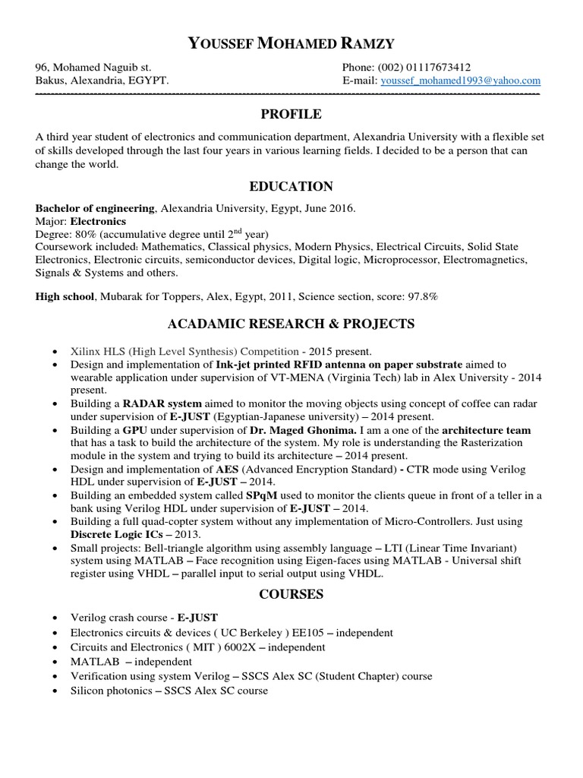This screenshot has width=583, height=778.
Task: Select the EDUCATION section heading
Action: click(291, 186)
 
